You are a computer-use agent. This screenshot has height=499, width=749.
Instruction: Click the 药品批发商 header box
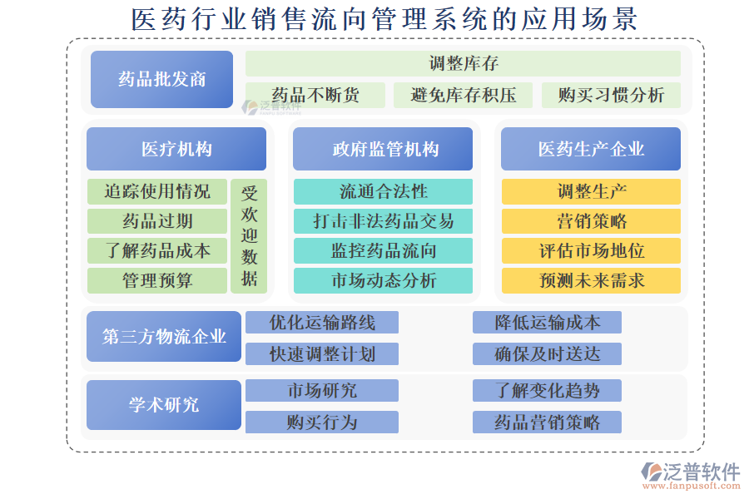point(162,79)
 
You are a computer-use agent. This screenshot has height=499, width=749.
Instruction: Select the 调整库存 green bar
point(463,63)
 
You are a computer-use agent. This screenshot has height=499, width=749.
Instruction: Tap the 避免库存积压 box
point(463,95)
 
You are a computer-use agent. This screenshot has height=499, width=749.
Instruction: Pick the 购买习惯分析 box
point(611,95)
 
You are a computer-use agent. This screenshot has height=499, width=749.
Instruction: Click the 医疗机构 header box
point(176,149)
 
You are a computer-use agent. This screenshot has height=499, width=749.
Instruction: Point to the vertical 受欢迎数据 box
point(249,236)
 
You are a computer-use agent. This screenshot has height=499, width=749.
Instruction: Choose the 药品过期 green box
point(157,221)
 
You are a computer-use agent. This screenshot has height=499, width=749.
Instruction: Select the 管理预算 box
point(157,280)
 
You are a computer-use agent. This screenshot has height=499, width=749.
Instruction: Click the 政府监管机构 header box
point(383,149)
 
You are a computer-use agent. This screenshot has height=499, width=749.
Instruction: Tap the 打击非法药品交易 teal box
point(383,221)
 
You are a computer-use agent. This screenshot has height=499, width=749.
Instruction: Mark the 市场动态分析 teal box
point(383,280)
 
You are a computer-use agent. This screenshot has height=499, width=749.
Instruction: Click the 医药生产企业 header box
point(591,149)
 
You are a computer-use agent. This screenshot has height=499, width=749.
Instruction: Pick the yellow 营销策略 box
point(592,221)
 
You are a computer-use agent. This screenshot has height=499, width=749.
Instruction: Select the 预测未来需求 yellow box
point(592,280)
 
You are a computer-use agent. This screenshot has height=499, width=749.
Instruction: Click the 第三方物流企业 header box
point(164,337)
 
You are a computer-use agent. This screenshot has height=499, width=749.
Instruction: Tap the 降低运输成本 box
point(547,323)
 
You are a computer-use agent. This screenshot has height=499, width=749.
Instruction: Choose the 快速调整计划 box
point(322,353)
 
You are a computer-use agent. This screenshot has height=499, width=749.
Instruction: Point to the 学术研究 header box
point(164,405)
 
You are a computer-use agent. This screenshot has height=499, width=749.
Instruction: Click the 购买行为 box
point(322,422)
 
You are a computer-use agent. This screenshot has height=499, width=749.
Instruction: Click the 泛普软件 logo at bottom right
point(690,476)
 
